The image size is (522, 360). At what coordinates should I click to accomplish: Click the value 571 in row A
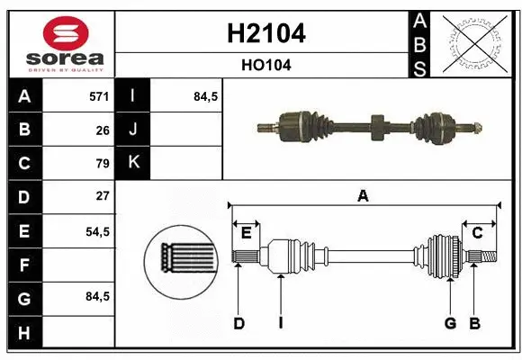pos(99,96)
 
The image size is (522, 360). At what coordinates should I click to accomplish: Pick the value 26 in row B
pos(103,130)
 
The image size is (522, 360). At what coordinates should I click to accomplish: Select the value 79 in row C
pos(103,163)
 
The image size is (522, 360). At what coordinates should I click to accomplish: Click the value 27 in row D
pos(103,196)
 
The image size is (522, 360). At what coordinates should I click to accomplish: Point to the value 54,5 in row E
pos(97,230)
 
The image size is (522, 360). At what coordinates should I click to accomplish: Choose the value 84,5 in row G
pos(97,296)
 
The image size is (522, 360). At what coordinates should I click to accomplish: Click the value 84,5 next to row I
pos(206,96)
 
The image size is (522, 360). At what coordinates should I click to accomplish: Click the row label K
pos(133,163)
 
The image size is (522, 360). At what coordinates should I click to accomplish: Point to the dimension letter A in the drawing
pos(364,195)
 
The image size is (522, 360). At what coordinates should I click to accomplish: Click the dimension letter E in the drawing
pos(246,233)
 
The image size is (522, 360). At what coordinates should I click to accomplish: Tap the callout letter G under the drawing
pos(450,323)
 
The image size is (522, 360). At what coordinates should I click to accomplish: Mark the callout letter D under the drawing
pos(238,323)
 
